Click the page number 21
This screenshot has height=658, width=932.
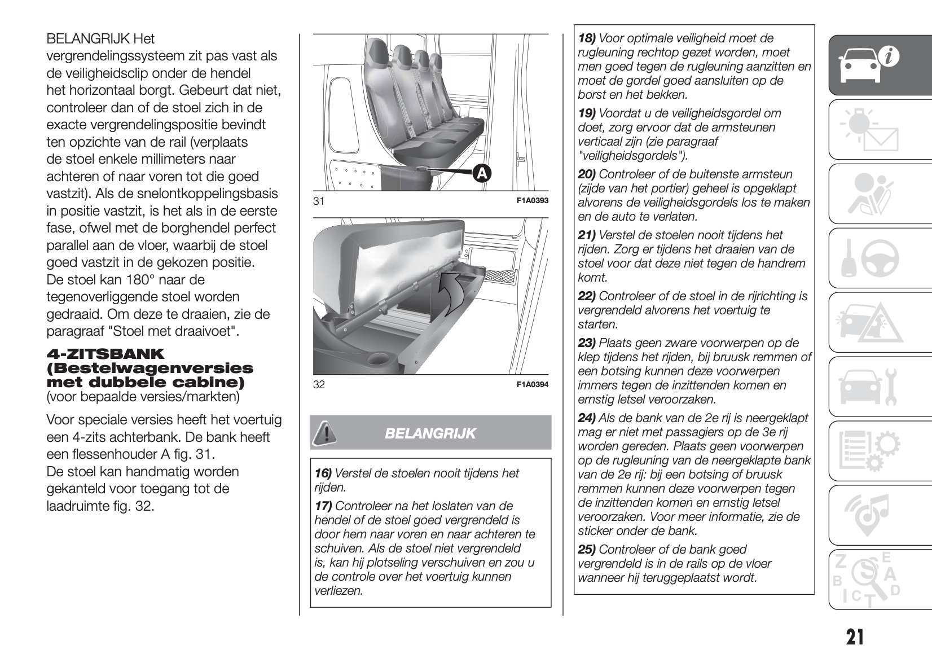point(855,637)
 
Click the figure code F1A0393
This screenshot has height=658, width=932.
point(532,200)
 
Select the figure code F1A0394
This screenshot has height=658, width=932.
point(532,384)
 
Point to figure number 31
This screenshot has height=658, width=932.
point(319,201)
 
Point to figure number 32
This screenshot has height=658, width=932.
point(319,385)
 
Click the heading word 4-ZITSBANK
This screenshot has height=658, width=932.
point(105,354)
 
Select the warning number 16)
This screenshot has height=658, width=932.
point(323,473)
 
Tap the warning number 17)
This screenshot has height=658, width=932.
point(323,506)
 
